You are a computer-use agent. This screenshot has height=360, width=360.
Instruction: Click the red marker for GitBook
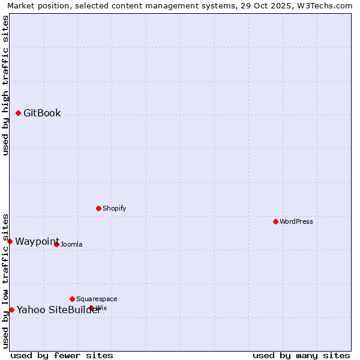18,113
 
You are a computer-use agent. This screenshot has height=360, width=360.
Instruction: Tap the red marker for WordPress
275,221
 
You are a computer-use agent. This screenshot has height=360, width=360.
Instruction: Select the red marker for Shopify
98,208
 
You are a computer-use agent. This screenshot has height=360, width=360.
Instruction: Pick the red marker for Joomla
56,244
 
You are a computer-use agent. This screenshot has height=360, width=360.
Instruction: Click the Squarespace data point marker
72,299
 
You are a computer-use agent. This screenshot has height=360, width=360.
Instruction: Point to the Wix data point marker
91,308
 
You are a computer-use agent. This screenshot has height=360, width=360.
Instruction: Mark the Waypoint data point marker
10,241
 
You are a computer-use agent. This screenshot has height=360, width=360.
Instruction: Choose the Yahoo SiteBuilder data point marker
11,310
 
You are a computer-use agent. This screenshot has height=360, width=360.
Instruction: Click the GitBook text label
42,113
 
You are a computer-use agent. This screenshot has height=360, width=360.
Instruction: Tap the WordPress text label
296,221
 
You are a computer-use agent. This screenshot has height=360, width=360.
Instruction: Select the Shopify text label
114,208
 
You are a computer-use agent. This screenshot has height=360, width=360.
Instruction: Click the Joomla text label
71,244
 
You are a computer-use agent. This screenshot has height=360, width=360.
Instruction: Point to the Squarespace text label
97,299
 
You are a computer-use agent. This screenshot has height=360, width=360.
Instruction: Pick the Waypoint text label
37,241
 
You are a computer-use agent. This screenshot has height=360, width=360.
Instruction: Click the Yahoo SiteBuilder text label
58,310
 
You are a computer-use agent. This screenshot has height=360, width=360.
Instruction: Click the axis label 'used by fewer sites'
62,355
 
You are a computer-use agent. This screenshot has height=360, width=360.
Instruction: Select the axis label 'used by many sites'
301,355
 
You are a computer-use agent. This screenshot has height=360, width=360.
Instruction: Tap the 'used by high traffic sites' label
5,85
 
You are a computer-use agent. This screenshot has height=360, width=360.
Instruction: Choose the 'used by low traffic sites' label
5,281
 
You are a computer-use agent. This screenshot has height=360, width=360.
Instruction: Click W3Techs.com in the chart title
325,5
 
